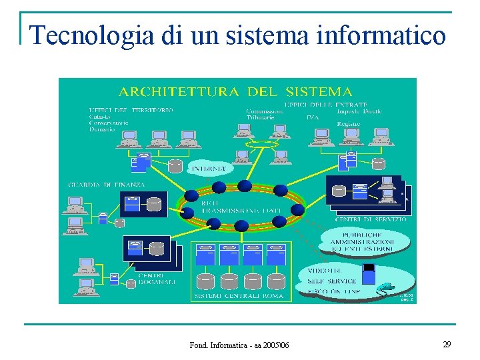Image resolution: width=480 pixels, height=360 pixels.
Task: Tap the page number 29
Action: tap(447, 344)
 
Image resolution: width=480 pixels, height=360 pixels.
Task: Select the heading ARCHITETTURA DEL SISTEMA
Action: tap(235, 91)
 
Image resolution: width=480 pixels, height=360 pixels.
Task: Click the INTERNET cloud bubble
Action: tap(210, 169)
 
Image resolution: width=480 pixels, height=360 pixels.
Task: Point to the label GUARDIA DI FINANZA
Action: tap(107, 185)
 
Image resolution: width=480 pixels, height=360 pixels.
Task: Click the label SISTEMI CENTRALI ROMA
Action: tap(238, 295)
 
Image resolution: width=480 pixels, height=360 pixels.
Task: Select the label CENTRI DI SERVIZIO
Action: tap(371, 219)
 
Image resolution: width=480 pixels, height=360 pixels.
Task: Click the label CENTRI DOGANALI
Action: tap(156, 279)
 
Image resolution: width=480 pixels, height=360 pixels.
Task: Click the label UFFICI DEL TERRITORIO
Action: tap(131, 109)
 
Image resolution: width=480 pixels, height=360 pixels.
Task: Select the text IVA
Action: tap(313, 117)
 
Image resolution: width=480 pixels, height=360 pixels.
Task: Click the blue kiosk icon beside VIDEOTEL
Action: tap(369, 274)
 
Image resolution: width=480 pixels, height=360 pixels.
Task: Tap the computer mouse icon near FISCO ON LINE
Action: tap(385, 289)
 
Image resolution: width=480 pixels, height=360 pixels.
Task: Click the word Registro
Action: tap(349, 124)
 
